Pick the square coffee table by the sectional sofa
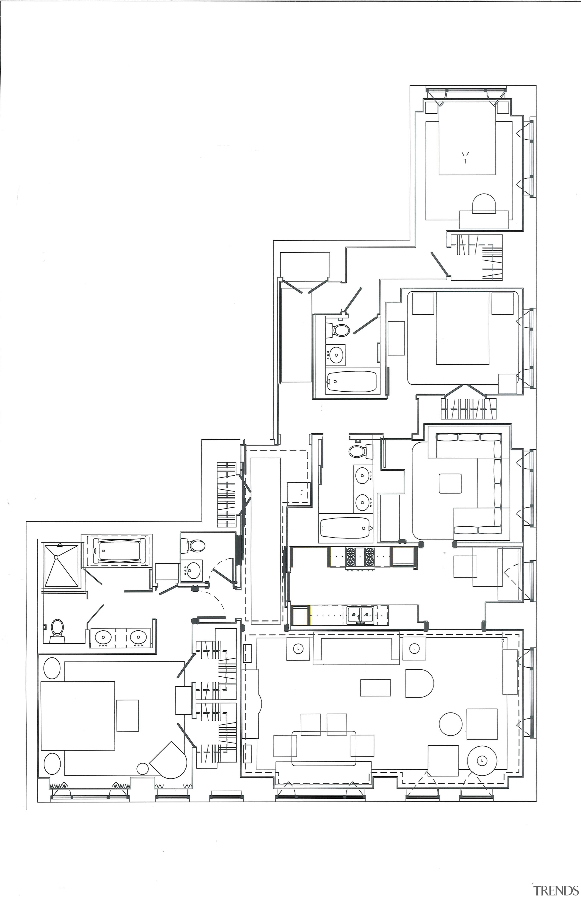(x=450, y=483)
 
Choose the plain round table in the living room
(x=451, y=723)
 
